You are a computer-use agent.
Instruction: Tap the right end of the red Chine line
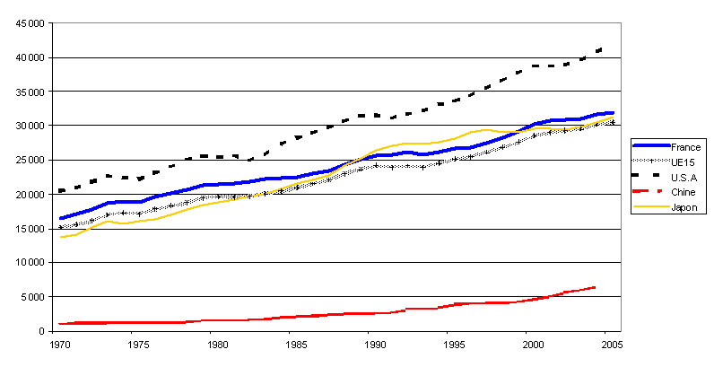595,287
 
